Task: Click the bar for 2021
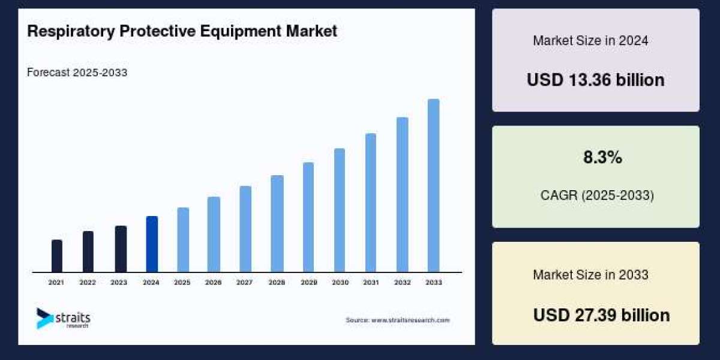[x=57, y=256]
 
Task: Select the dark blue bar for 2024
[x=152, y=244]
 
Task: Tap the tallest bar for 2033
[x=433, y=186]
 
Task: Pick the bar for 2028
[x=277, y=224]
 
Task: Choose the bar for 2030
[x=340, y=211]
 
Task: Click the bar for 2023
[x=121, y=249]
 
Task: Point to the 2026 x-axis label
[x=214, y=282]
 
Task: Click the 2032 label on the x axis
[x=402, y=282]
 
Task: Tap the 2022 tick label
[x=88, y=282]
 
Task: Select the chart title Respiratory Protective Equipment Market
[x=182, y=31]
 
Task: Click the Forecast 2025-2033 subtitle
[x=77, y=73]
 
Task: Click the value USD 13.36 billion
[x=595, y=80]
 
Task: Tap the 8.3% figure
[x=602, y=158]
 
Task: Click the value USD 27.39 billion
[x=601, y=315]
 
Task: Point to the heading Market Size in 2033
[x=590, y=275]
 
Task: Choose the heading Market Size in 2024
[x=590, y=41]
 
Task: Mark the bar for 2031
[x=371, y=203]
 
